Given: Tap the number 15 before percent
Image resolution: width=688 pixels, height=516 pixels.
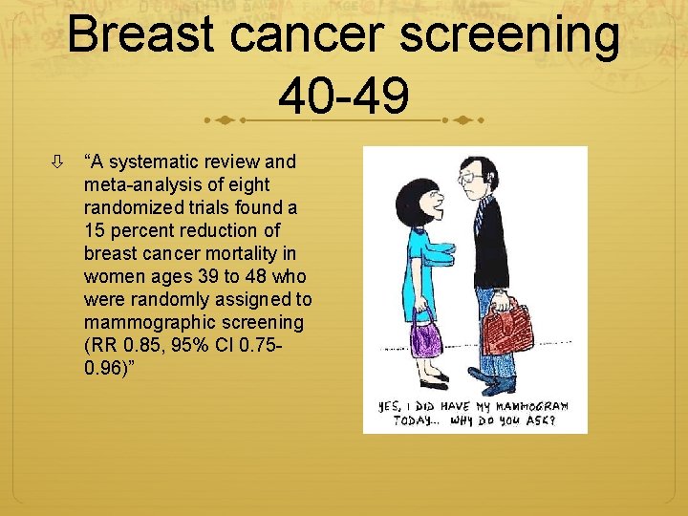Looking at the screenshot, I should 95,230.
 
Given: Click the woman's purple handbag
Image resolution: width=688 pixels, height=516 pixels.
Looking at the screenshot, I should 426,336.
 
